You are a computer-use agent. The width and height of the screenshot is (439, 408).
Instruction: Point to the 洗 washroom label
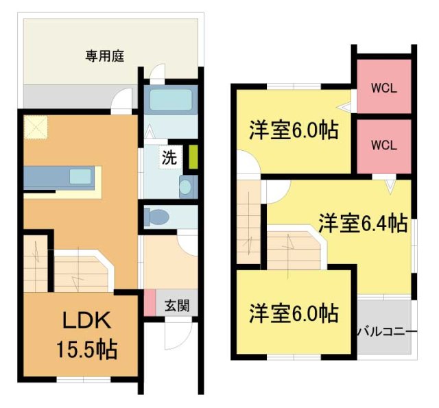point(169,157)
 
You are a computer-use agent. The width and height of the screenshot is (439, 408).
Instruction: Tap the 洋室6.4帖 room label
point(362,223)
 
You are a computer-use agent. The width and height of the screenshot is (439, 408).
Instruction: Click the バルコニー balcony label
point(386,332)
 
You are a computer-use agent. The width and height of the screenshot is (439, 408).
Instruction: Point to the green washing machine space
point(193,156)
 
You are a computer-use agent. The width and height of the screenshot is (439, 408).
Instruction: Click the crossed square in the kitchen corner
point(35,128)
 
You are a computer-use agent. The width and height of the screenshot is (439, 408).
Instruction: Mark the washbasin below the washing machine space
point(185,186)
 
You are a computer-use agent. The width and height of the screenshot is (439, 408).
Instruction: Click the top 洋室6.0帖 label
point(293,130)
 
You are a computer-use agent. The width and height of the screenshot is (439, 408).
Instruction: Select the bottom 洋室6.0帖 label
point(293,313)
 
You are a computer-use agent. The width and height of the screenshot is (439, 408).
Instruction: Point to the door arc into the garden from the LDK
point(123,101)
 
